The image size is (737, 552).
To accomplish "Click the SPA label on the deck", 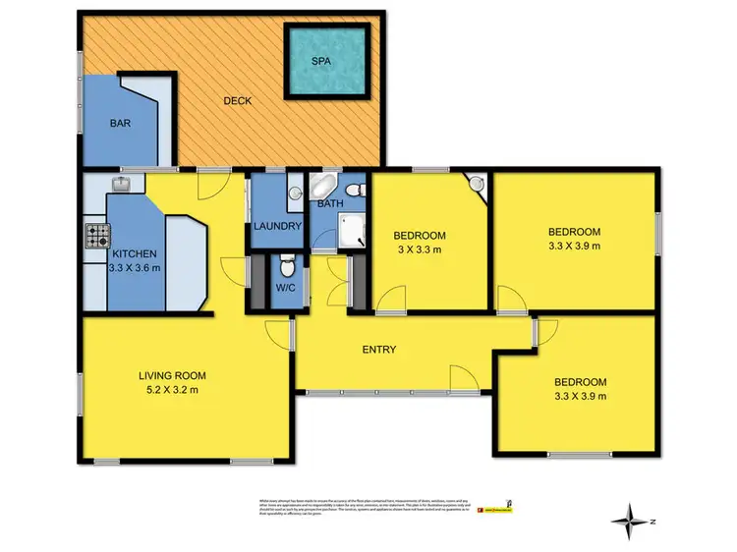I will [x=320, y=61].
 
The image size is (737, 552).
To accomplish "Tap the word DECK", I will [x=237, y=100].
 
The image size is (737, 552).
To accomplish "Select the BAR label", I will [x=121, y=125].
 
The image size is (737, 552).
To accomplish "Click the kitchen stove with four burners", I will [x=98, y=237].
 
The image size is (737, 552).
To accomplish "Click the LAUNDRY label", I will [x=276, y=227].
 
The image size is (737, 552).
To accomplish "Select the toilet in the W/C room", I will [x=285, y=264].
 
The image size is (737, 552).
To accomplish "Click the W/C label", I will [x=284, y=289].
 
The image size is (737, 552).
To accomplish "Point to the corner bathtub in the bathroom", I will [x=322, y=188].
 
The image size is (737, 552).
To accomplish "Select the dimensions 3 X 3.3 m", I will [x=421, y=249].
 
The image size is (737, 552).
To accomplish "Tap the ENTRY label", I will [x=379, y=350].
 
